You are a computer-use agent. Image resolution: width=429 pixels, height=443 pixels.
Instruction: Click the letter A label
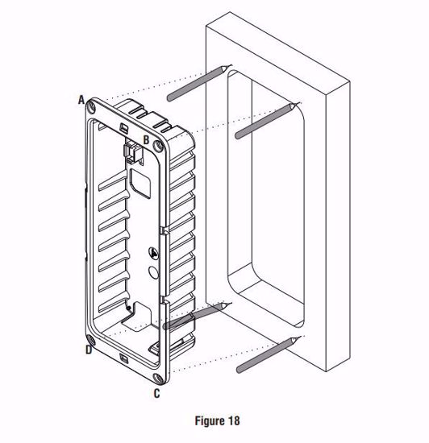coord(81,99)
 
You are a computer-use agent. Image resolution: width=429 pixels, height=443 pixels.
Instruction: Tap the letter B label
coord(146,140)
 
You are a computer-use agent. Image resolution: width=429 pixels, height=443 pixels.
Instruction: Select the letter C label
coord(156,393)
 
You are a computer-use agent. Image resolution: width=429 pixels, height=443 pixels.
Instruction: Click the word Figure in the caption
coord(205,420)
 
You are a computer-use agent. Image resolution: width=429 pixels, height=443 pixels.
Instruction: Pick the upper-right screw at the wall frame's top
coord(267,121)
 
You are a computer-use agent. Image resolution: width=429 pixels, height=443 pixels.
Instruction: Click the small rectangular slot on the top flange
coord(123,127)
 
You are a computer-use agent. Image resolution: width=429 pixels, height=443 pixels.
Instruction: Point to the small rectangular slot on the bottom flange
coord(123,358)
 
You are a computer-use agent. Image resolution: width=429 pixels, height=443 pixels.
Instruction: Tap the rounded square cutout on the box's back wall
coord(138,183)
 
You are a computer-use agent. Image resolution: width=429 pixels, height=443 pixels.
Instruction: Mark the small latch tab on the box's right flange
coord(163,232)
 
